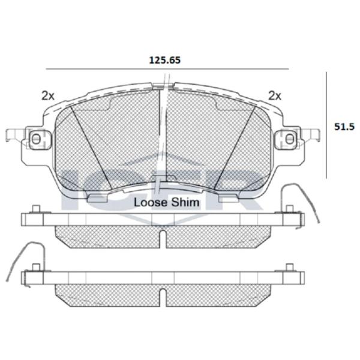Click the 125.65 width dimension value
(165, 60)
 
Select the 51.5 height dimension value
(344, 127)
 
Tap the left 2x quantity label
(48, 96)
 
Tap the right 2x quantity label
(275, 96)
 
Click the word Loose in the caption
(151, 203)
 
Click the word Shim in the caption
(185, 203)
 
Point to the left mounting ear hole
(36, 139)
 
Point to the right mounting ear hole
(290, 139)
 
